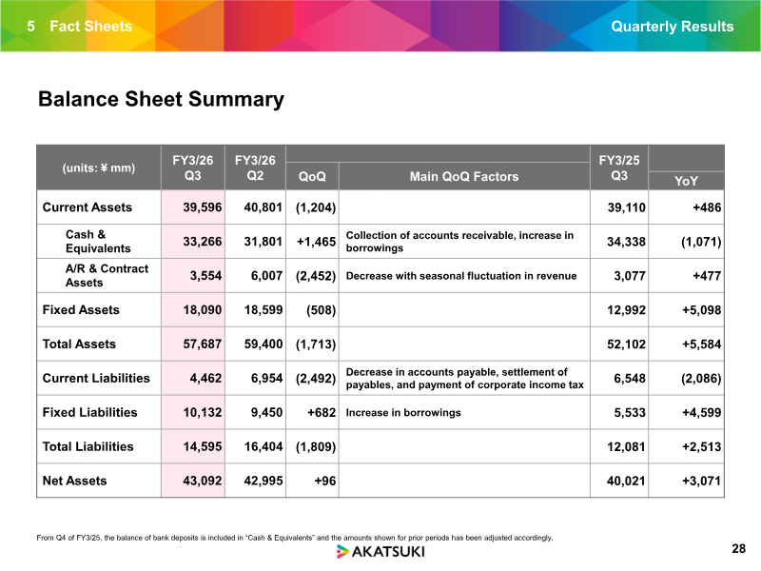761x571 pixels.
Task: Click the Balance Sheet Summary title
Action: click(x=161, y=100)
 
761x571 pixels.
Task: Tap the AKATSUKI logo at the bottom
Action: click(x=380, y=552)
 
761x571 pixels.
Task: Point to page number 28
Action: click(x=738, y=549)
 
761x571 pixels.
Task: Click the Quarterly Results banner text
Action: click(x=673, y=27)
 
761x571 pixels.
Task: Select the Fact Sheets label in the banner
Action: click(x=90, y=27)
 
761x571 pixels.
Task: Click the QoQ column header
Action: click(x=312, y=176)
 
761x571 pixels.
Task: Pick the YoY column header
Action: click(x=686, y=181)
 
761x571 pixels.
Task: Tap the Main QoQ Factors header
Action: click(x=464, y=176)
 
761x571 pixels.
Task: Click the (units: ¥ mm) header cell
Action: click(x=99, y=168)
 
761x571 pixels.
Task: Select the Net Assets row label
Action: click(x=74, y=481)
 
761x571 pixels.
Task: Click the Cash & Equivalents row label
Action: click(x=98, y=242)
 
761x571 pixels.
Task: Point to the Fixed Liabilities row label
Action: click(x=89, y=412)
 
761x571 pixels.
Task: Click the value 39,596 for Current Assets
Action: click(x=202, y=207)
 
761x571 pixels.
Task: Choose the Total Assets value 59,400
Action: click(x=263, y=345)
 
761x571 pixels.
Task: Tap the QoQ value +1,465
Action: click(x=316, y=242)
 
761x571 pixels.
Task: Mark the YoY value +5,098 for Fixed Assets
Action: click(x=701, y=310)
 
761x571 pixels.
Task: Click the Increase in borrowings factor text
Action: click(x=403, y=413)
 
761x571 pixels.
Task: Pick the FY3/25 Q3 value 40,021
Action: click(x=626, y=481)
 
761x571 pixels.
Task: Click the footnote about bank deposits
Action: click(x=295, y=538)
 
